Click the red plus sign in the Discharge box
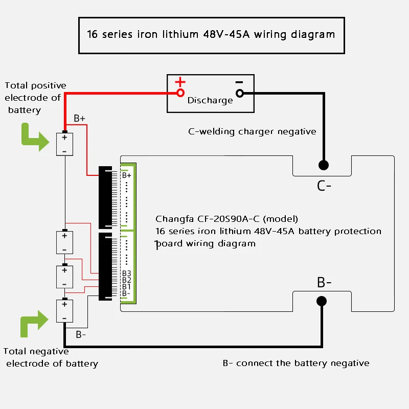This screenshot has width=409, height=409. (x=180, y=82)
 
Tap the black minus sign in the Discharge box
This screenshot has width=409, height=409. (x=239, y=82)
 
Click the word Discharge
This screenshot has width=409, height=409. (x=210, y=100)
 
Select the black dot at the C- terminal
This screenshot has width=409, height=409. (x=323, y=165)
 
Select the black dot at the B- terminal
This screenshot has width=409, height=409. (x=322, y=301)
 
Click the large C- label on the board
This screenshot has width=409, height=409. (x=324, y=185)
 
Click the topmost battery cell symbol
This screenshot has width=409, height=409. (x=65, y=144)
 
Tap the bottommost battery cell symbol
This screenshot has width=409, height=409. (x=65, y=311)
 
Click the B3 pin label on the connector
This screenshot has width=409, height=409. (x=127, y=273)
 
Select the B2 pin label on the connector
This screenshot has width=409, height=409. (x=127, y=280)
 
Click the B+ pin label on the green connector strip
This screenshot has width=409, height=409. (x=127, y=175)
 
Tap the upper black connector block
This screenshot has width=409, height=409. (x=106, y=197)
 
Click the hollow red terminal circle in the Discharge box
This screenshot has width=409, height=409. (x=180, y=93)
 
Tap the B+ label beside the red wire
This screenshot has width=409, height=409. (x=80, y=119)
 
